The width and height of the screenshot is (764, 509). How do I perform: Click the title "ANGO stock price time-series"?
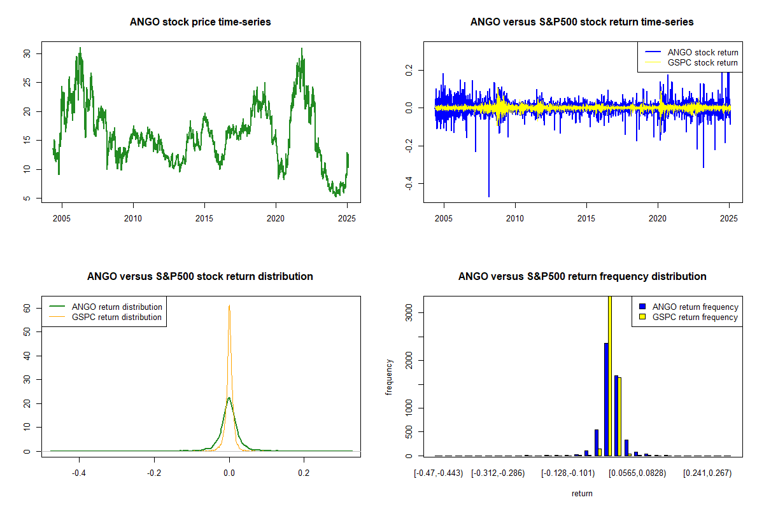[201, 22]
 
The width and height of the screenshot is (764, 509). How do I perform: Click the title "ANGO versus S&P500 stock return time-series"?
[582, 22]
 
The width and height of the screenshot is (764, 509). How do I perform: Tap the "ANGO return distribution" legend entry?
[117, 307]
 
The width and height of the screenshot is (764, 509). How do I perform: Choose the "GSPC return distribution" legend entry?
[117, 317]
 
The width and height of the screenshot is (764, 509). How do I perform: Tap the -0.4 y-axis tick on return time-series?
[409, 184]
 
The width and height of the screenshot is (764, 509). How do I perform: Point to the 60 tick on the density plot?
[27, 308]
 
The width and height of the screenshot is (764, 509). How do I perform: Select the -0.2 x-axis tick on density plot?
[154, 473]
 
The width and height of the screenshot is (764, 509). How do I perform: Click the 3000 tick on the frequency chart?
[409, 312]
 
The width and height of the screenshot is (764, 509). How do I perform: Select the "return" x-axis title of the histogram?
[582, 493]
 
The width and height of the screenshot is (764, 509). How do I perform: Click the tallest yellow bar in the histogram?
[610, 375]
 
